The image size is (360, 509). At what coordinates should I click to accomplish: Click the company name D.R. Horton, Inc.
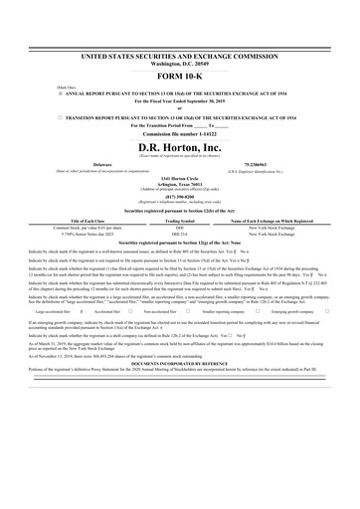(x=180, y=147)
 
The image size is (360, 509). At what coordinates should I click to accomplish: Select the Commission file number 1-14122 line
(x=180, y=132)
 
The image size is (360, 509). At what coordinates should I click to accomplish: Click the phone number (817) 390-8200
(x=180, y=196)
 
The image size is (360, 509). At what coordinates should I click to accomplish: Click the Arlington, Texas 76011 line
(x=180, y=184)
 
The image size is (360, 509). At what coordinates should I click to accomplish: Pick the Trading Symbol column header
(x=180, y=221)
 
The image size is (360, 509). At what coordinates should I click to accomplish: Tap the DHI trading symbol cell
(x=180, y=228)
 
